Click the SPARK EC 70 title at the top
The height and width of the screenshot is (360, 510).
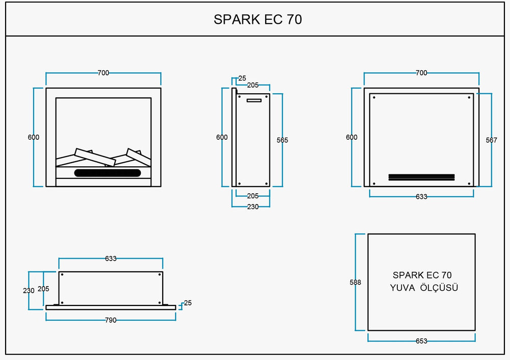click(258, 19)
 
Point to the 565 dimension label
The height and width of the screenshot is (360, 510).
click(283, 140)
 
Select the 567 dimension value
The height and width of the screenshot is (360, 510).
click(492, 140)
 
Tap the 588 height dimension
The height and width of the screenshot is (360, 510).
click(355, 282)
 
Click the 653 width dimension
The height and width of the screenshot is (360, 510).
click(422, 341)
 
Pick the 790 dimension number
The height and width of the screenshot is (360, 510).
click(111, 320)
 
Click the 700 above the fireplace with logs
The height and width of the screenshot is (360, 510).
click(104, 73)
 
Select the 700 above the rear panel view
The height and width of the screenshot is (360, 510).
click(422, 73)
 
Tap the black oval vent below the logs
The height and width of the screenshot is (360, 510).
click(108, 173)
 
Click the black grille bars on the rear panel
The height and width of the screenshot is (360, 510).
click(422, 177)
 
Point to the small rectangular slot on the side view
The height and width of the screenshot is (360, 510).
click(254, 100)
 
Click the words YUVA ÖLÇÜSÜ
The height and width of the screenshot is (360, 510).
click(424, 288)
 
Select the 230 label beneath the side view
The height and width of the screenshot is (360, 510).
click(253, 207)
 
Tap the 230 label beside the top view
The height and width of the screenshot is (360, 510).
click(29, 291)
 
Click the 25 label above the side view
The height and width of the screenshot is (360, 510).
click(242, 78)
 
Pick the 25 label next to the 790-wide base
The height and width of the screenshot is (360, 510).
click(188, 303)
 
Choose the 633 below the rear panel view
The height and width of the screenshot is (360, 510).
click(422, 196)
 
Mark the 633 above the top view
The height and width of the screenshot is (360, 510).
click(111, 259)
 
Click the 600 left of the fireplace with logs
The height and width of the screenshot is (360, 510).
click(34, 137)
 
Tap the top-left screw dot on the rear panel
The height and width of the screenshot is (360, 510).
click(374, 97)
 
